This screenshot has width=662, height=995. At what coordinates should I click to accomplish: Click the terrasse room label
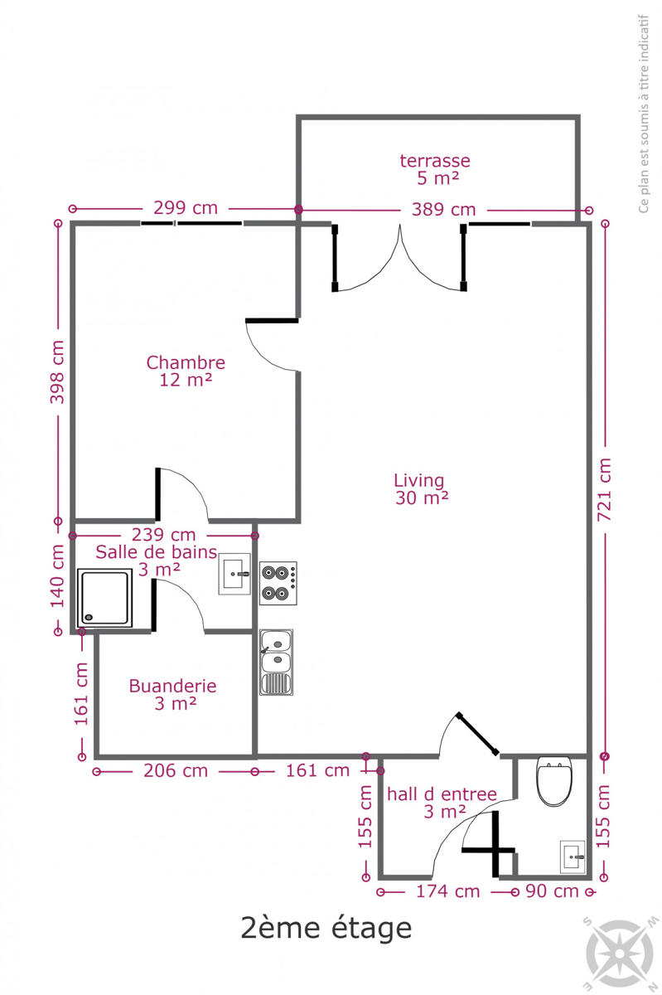point(435,169)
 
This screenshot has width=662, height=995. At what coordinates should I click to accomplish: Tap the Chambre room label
point(186,371)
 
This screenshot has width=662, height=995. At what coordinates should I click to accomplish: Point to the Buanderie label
point(172,695)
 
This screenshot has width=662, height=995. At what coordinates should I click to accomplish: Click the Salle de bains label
point(157,561)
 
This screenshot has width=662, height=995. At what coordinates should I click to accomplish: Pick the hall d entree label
point(442,803)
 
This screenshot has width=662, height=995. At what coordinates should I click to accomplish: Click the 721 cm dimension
point(604,489)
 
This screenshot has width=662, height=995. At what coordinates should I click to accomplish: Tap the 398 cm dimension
point(57,372)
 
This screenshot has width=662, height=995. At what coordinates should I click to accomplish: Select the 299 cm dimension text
point(186,208)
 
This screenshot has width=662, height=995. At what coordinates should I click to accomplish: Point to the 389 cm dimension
point(443,210)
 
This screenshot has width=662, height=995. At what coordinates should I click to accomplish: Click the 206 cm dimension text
point(176,771)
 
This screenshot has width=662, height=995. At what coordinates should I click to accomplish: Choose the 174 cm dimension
point(448,891)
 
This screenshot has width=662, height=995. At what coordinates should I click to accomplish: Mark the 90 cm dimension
point(553,891)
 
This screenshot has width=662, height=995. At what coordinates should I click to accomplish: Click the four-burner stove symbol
point(278,583)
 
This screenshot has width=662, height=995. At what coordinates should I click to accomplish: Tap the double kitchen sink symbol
point(276,662)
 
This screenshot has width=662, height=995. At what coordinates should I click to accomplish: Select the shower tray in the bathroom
point(104,598)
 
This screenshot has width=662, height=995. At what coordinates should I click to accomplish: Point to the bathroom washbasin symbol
point(234,574)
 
